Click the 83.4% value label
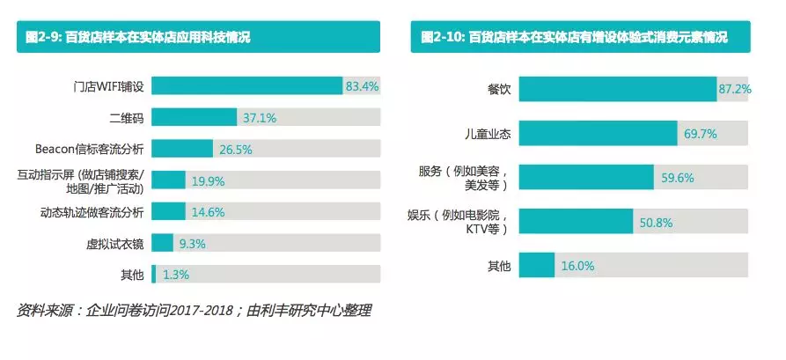[362, 86]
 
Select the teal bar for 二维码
[195, 117]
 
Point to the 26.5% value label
[236, 149]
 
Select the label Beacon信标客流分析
[96, 149]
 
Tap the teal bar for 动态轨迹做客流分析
[168, 211]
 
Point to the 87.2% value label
[734, 89]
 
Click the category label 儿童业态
[488, 133]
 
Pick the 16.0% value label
[577, 265]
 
